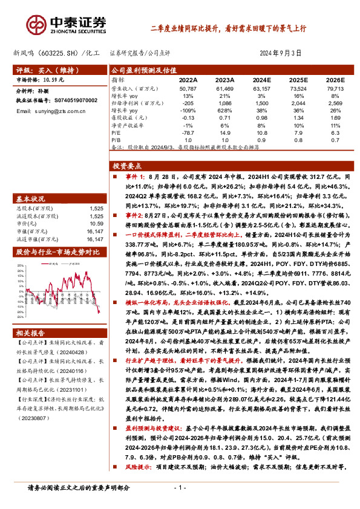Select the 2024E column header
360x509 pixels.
(x=261, y=79)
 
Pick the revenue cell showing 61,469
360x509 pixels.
(x=224, y=89)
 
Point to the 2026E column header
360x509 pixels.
(x=334, y=79)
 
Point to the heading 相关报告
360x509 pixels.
(x=30, y=333)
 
